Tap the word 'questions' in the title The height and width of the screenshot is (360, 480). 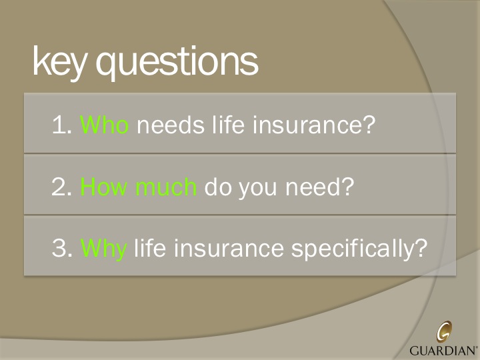177,63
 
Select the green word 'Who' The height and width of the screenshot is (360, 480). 104,125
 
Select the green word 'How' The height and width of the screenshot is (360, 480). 104,187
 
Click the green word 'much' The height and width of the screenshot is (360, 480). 165,187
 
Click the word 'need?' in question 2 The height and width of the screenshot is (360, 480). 318,187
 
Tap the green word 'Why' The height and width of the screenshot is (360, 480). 103,250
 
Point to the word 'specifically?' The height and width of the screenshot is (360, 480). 359,250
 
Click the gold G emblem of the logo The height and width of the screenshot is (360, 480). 444,331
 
